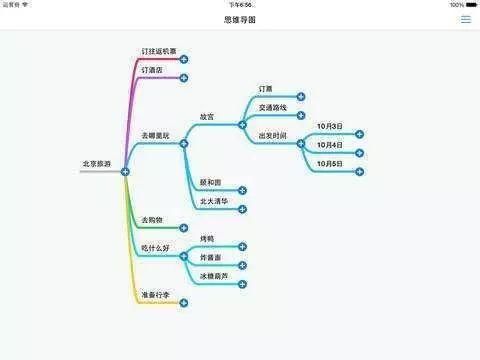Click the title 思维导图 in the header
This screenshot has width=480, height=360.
click(x=240, y=20)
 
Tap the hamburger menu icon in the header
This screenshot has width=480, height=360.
click(x=465, y=20)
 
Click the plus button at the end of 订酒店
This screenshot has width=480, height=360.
click(x=184, y=78)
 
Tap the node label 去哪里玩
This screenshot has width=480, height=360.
click(x=157, y=134)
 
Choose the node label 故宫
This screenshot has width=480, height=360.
click(x=207, y=116)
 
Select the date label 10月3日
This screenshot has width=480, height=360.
click(x=330, y=126)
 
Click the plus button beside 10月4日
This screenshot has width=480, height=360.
click(x=359, y=152)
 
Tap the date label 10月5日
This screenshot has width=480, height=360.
click(x=330, y=163)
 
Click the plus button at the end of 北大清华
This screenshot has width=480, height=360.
click(x=242, y=208)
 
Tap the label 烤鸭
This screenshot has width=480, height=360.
click(x=207, y=238)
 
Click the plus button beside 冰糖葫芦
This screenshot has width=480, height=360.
click(x=242, y=284)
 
